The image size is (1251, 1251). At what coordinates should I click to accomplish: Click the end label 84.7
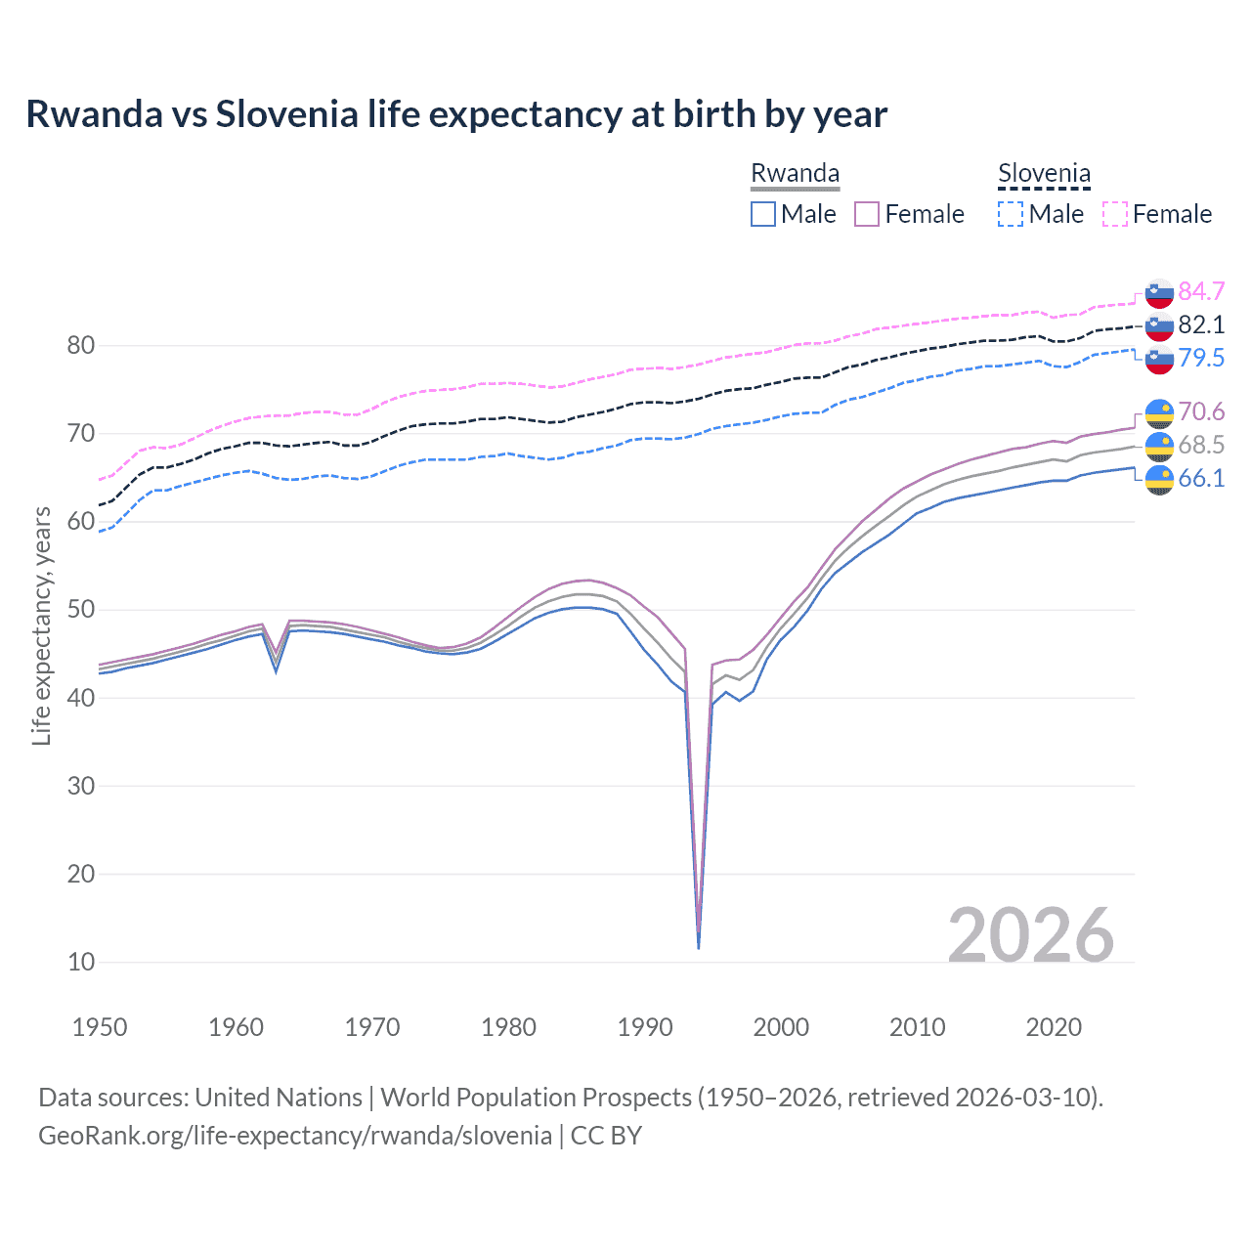tap(1201, 291)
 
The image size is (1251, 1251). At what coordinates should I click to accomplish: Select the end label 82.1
tap(1201, 324)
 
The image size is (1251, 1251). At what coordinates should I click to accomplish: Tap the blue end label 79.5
tap(1201, 358)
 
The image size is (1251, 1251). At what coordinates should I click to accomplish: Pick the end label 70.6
tap(1201, 411)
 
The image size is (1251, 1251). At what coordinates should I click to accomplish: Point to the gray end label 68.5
tap(1201, 445)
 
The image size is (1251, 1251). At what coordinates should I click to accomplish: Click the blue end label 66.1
tap(1201, 478)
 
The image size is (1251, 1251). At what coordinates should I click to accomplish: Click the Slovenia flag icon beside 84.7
tap(1159, 292)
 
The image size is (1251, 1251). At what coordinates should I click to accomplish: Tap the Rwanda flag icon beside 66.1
tap(1159, 479)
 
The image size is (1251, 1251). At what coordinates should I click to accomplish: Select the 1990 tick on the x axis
tap(645, 1027)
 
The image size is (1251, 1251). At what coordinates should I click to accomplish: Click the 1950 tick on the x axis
tap(100, 1027)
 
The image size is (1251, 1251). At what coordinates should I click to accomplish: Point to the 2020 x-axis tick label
tap(1054, 1027)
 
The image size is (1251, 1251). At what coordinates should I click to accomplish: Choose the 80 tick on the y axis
tap(80, 345)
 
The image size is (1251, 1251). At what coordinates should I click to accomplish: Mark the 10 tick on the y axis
tap(80, 962)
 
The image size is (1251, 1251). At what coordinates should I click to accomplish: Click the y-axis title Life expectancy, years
tap(41, 625)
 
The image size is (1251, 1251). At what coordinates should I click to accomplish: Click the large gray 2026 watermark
tap(1031, 935)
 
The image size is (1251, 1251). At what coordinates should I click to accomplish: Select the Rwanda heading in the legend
tap(795, 173)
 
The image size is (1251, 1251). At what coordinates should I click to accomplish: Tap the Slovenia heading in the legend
tap(1044, 173)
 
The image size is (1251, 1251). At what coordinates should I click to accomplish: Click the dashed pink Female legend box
tap(1115, 214)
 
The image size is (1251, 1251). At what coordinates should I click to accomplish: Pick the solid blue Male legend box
tap(763, 214)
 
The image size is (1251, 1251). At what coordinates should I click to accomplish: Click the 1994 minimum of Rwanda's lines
tap(698, 946)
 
